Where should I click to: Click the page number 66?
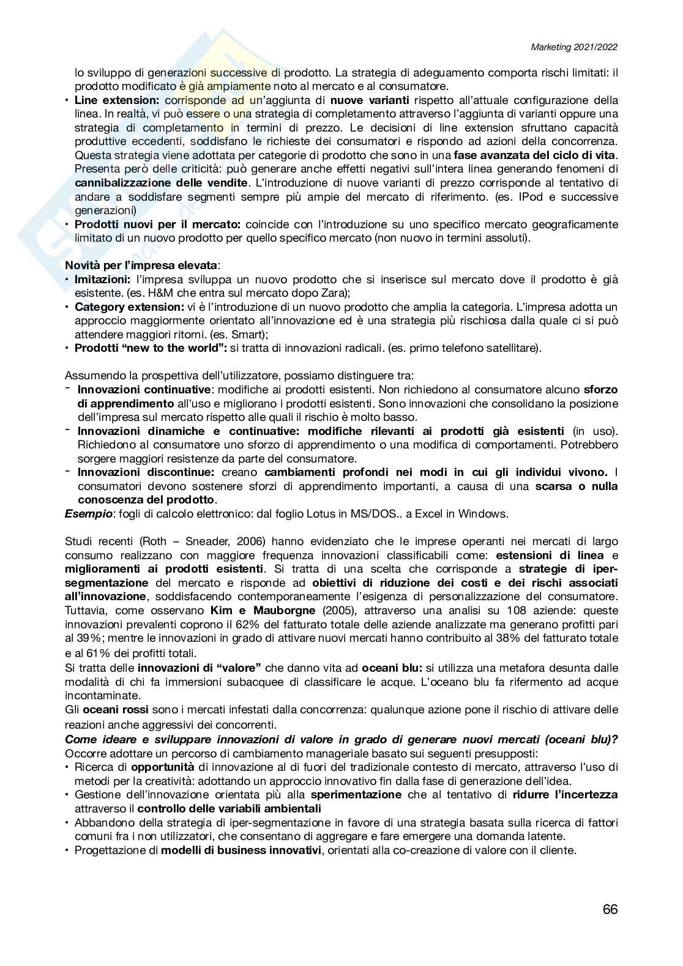pos(610,909)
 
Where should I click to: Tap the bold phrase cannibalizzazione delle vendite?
pos(162,183)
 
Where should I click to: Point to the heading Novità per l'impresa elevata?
pos(141,266)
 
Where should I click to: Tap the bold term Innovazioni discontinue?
pos(146,472)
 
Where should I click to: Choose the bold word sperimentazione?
pos(356,795)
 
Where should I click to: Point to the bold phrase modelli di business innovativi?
pos(241,850)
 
